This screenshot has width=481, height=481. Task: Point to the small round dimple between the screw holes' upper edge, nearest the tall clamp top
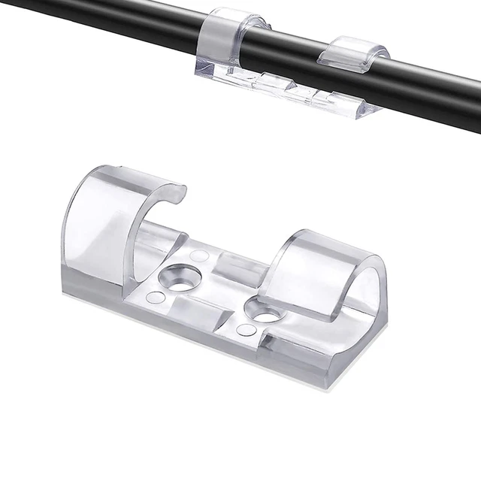pos(199,256)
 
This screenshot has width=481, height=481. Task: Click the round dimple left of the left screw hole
pos(155,298)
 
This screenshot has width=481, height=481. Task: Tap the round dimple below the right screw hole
pos(244,330)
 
